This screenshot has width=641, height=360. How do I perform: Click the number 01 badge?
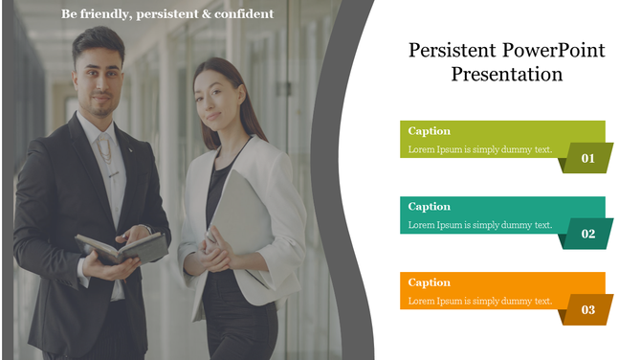[586, 158]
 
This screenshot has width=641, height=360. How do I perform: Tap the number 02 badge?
[586, 234]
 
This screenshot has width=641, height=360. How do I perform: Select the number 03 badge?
[586, 309]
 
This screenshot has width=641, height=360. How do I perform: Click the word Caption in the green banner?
[429, 131]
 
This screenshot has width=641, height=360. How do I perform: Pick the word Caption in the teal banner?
[429, 207]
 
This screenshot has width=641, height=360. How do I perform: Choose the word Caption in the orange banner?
[429, 282]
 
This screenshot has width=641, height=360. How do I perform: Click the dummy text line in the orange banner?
[479, 301]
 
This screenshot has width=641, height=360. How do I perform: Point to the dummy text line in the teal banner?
[479, 225]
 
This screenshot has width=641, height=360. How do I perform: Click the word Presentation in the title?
[507, 75]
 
